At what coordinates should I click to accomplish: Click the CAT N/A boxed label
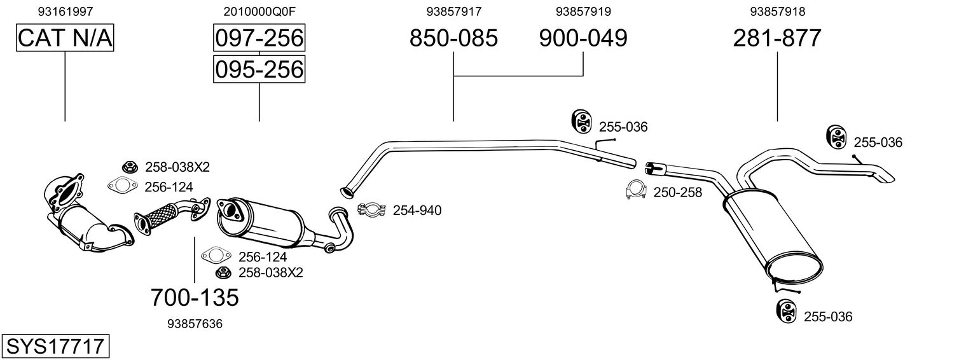tap(65, 38)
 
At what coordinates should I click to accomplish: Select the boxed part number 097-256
tap(259, 38)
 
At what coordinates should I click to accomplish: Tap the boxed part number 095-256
tap(259, 69)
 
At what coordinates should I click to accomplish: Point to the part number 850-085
tap(453, 38)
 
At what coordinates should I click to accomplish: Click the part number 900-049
tap(583, 38)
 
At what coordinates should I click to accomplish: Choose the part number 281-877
tap(777, 38)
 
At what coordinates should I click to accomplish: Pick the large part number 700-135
tap(195, 296)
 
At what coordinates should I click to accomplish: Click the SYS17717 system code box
tap(55, 347)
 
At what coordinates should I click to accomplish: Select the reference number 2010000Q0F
tap(259, 11)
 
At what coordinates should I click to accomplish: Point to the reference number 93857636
tap(195, 324)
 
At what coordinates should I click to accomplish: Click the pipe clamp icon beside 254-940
tap(373, 209)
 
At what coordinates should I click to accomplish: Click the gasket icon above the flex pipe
tap(122, 186)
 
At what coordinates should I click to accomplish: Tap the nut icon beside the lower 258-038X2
tap(223, 273)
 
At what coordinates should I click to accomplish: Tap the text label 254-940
tap(417, 210)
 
